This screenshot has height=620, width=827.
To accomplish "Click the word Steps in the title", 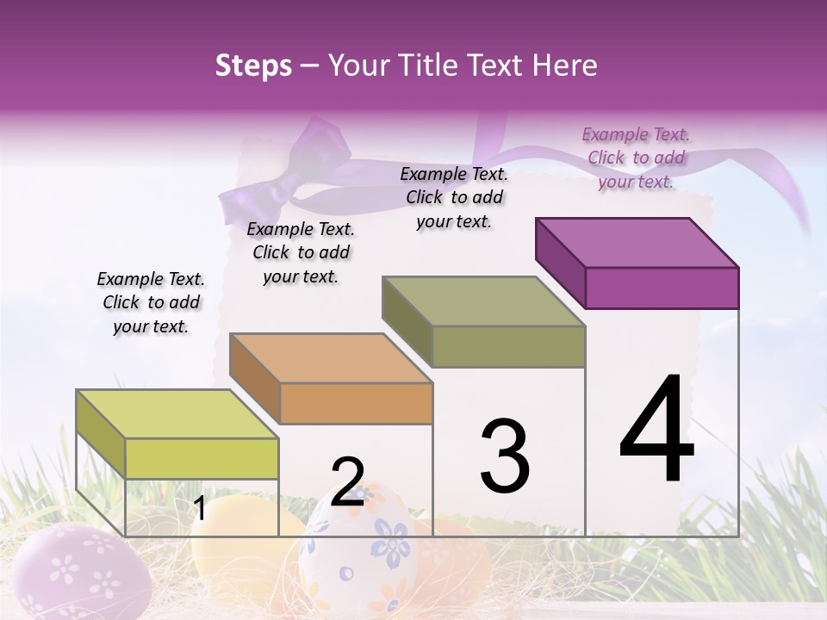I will click(253, 65).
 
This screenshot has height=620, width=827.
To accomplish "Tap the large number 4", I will click(656, 431).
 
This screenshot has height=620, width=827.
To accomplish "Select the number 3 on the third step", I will click(505, 456).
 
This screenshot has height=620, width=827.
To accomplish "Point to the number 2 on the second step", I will click(347, 482).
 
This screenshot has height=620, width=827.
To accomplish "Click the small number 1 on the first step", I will click(199, 509).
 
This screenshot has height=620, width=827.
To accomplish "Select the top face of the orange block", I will click(331, 358).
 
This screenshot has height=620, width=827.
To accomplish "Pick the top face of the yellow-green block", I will click(177, 414).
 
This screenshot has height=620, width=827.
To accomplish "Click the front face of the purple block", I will click(662, 288).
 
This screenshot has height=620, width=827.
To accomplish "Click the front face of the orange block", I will click(356, 403).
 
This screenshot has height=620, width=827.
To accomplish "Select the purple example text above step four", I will click(636, 158).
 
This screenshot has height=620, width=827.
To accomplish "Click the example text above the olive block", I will click(454, 197).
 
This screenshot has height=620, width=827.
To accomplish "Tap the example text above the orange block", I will click(301, 252).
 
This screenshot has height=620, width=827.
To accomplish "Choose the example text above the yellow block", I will click(151, 302).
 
